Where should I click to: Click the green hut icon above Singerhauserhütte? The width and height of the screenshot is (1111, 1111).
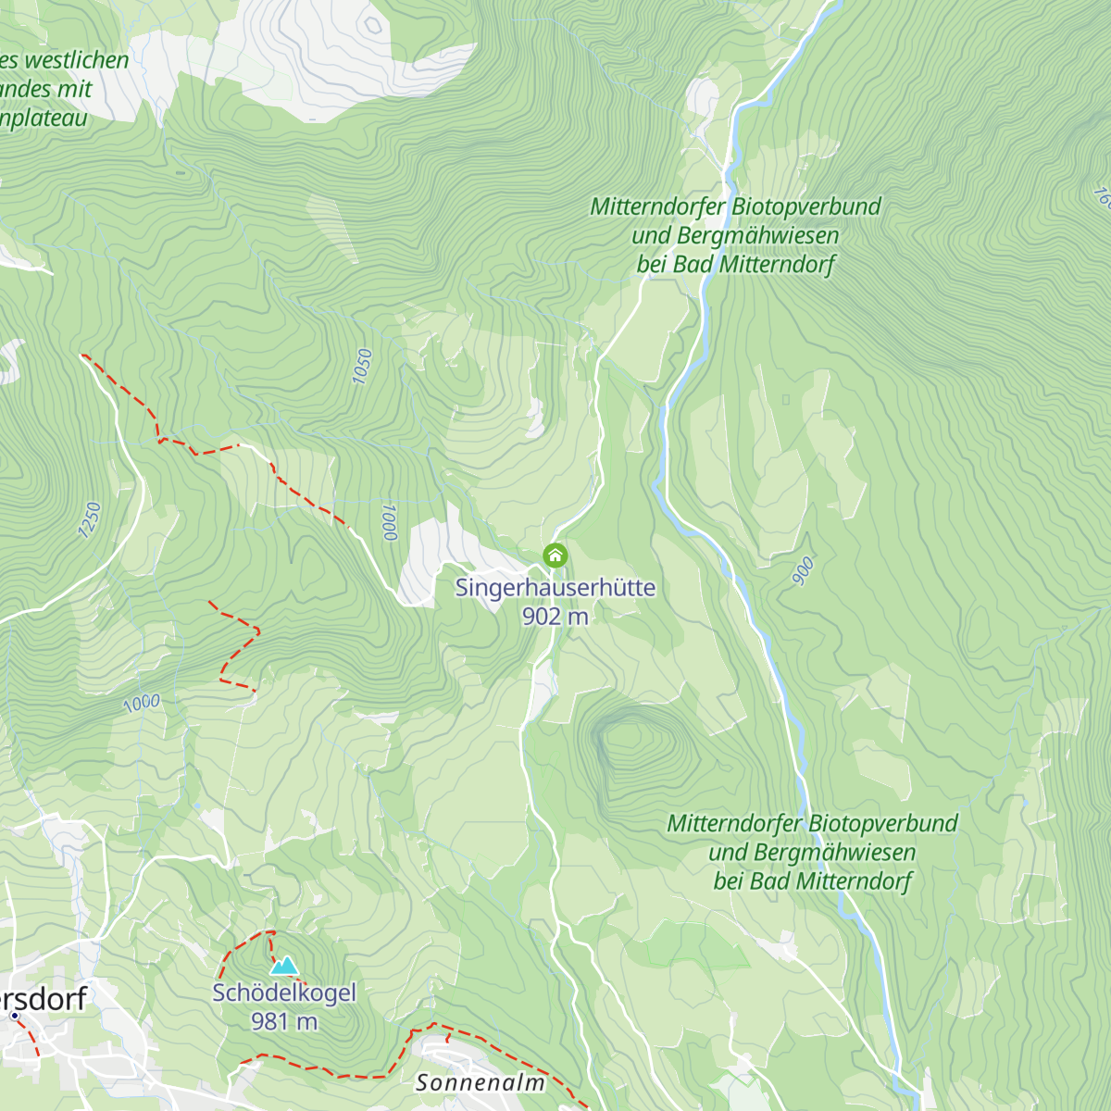point(555,555)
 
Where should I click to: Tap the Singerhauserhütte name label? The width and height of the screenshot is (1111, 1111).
point(555,588)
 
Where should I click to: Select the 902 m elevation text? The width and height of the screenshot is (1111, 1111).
point(555,617)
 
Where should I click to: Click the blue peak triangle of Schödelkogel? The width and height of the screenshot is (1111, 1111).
point(284,966)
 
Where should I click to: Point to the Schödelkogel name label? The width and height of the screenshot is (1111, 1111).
point(284,992)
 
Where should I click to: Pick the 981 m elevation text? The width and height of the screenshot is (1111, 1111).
point(284,1021)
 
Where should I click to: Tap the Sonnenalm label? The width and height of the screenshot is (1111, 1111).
point(480,1081)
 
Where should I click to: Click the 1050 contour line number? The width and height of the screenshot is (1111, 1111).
point(362,367)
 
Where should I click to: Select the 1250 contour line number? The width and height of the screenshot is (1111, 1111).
point(89,520)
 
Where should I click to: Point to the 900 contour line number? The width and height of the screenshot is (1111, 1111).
point(803,571)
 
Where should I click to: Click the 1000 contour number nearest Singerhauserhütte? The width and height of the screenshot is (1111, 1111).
point(389,522)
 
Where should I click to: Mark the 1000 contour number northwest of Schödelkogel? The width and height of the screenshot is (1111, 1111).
point(142,704)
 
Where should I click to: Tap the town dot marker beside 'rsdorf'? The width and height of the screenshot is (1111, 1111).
point(15,1016)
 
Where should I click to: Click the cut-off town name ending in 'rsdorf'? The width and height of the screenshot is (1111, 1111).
point(46,999)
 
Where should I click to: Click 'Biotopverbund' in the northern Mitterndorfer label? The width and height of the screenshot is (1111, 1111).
point(806,206)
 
